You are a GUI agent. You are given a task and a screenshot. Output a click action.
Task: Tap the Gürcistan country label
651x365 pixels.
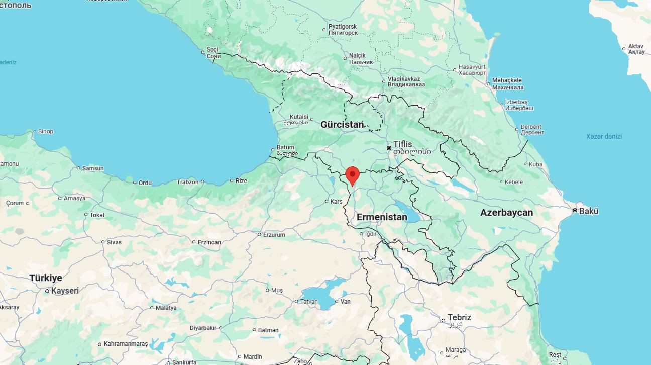coord(342,124)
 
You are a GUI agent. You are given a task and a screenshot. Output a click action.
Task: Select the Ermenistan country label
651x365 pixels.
coord(382,217)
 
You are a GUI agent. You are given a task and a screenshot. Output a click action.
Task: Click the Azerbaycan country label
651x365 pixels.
coord(506,213)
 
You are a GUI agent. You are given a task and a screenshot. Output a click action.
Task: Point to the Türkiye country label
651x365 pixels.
coord(46,278)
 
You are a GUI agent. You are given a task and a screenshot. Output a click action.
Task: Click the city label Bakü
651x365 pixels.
coord(589,211)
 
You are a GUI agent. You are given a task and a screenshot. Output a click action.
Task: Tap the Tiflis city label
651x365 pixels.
coord(402,144)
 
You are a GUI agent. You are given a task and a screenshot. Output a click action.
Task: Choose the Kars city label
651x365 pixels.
coord(336,202)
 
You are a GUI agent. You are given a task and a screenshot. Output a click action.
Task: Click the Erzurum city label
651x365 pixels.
coord(274,235)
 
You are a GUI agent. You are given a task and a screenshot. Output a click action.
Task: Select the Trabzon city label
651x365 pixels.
coord(187,182)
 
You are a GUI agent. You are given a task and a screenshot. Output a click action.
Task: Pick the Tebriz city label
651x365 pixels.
coord(459,318)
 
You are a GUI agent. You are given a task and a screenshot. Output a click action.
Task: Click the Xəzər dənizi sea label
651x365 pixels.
coord(604,136)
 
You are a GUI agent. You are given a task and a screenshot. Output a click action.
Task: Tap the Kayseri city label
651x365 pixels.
coord(65,291)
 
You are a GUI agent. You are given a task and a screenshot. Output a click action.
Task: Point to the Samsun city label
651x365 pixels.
coord(93,168)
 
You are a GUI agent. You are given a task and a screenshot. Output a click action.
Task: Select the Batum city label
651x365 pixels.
coord(285,148)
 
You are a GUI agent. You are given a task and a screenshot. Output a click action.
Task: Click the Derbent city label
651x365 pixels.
coord(531,127)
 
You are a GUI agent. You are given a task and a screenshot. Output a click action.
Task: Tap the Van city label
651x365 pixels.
coord(346,302)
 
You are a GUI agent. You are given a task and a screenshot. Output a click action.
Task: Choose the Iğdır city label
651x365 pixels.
coord(371,234)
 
